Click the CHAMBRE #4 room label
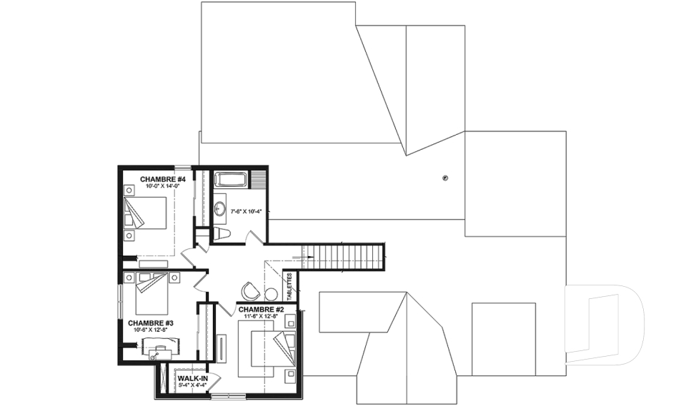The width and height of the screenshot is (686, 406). (x=163, y=178)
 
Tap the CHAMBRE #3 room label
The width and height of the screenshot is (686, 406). (x=151, y=323)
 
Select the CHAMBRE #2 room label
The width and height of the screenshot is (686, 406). (x=262, y=309)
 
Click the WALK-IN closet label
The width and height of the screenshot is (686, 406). (x=193, y=377)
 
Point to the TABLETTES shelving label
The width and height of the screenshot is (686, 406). (x=290, y=286)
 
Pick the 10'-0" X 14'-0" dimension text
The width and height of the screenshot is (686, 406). (x=163, y=186)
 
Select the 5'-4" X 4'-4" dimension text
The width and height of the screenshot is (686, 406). (x=192, y=385)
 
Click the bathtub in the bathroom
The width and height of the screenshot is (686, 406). (x=231, y=180)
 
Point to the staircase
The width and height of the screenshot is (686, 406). (x=343, y=256)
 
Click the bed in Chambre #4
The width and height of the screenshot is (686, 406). (x=146, y=213)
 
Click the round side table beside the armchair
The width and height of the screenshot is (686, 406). (x=271, y=294)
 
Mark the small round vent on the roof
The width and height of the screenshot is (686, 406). (x=446, y=178)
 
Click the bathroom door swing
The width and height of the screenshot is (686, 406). (x=253, y=237)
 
